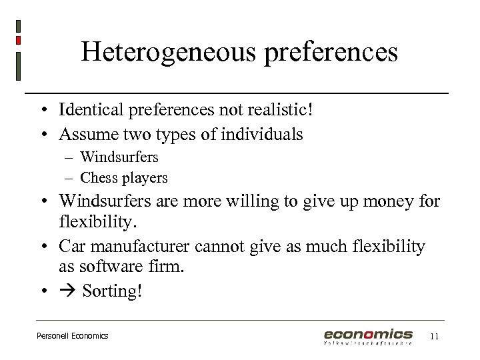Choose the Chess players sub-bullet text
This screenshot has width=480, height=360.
pyautogui.click(x=123, y=178)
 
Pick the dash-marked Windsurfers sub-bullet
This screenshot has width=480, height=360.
pyautogui.click(x=119, y=157)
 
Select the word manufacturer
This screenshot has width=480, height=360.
pyautogui.click(x=141, y=247)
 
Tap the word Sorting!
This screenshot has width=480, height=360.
pyautogui.click(x=112, y=293)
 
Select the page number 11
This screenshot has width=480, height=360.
pyautogui.click(x=435, y=336)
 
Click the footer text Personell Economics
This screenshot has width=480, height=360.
pyautogui.click(x=72, y=336)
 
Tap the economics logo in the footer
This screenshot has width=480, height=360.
pyautogui.click(x=368, y=336)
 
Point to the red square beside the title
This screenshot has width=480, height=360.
pyautogui.click(x=18, y=41)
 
